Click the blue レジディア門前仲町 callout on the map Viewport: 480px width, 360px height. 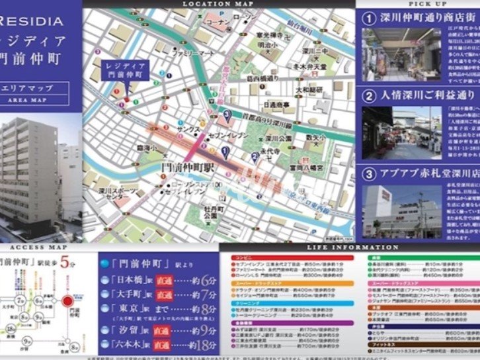click(126, 71)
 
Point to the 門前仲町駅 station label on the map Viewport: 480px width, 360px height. click(189, 169)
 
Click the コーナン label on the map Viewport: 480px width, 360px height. click(218, 22)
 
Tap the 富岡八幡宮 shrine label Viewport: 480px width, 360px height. click(306, 168)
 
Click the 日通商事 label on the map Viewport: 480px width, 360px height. click(280, 105)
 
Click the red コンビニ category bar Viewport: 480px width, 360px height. click(290, 255)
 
